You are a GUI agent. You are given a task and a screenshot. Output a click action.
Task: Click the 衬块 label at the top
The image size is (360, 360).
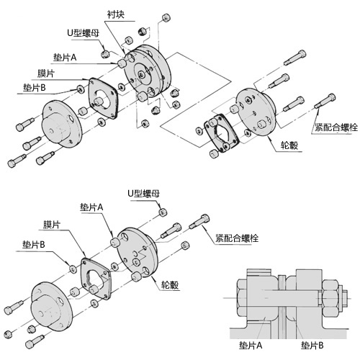click(x=116, y=14)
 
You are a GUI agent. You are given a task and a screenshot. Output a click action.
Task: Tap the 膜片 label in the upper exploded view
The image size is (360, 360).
click(x=45, y=73)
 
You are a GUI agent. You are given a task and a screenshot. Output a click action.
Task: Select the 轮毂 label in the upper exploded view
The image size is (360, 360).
click(x=289, y=145)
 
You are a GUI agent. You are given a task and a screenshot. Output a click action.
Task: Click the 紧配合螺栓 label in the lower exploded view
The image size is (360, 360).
click(x=237, y=238)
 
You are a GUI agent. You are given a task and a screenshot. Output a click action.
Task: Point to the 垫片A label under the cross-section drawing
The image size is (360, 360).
click(x=251, y=346)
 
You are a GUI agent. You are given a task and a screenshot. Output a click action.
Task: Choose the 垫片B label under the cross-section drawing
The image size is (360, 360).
click(x=312, y=346)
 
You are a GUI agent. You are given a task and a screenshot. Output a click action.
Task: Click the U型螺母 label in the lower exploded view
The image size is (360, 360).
click(x=143, y=193)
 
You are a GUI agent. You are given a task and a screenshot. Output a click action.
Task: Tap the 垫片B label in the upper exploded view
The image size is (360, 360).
click(x=34, y=88)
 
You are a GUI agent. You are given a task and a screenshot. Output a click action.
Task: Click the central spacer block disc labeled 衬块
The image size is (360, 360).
click(x=147, y=71)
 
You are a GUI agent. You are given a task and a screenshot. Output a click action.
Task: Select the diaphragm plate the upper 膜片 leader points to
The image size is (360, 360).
click(x=103, y=99)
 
